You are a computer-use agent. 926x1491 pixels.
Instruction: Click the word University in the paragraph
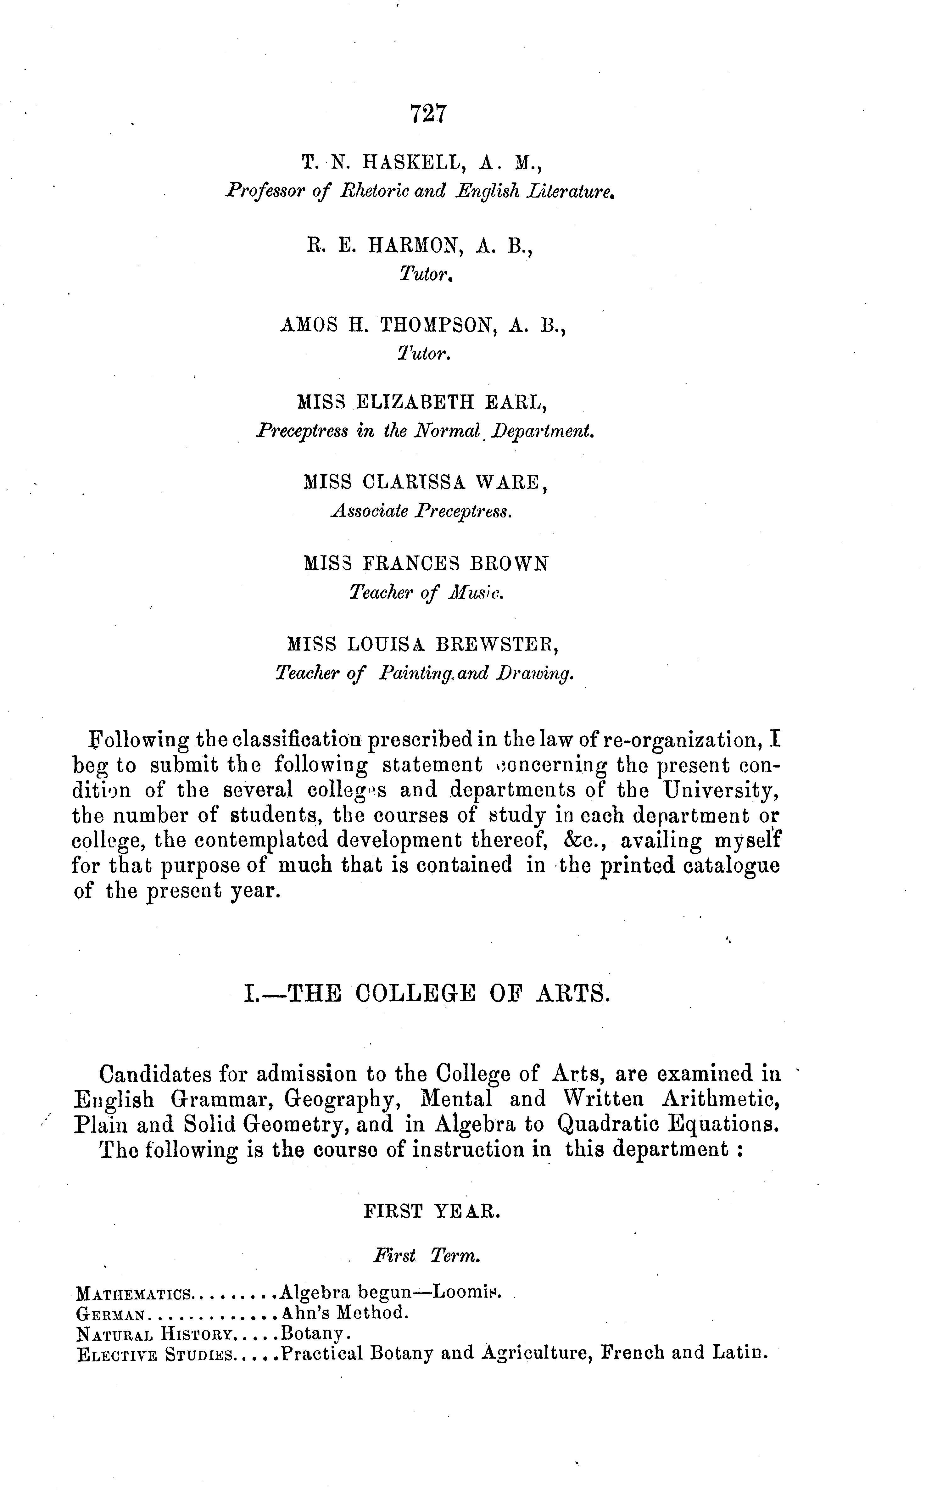722,790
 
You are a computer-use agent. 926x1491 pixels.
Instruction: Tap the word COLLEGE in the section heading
415,993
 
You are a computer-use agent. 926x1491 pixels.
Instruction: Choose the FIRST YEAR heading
432,1211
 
